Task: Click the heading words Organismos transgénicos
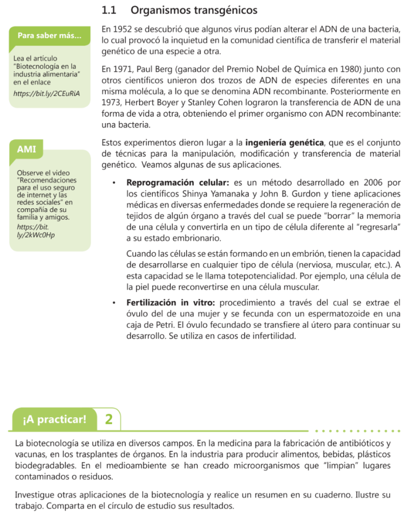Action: pyautogui.click(x=194, y=10)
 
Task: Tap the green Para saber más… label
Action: pyautogui.click(x=49, y=36)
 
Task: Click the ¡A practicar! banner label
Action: pyautogui.click(x=55, y=420)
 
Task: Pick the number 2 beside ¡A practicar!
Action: pyautogui.click(x=109, y=420)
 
